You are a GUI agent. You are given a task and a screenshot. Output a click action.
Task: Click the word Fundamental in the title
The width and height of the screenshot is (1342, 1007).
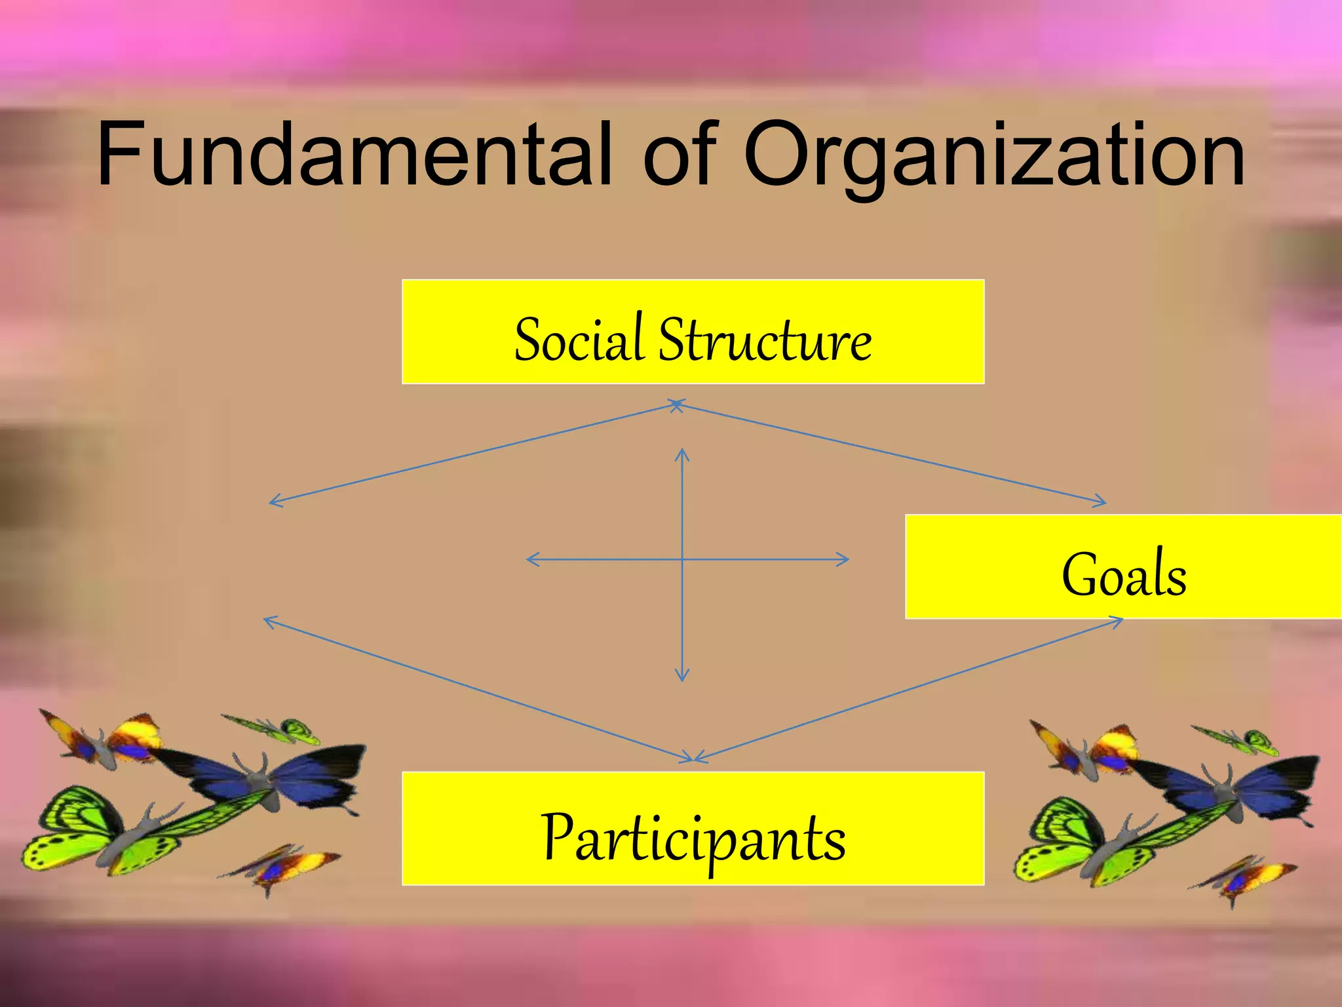point(354,154)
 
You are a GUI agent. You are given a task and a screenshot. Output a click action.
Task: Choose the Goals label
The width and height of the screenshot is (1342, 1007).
point(1123,574)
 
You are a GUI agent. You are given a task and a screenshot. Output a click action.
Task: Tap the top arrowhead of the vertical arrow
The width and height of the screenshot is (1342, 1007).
point(682,452)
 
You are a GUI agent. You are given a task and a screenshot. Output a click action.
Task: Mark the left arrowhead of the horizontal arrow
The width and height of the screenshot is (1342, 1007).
point(530,559)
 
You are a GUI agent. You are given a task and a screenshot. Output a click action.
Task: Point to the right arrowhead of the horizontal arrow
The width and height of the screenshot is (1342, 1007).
point(845,559)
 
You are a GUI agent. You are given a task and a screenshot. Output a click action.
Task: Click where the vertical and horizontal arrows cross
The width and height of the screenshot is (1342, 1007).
point(682,559)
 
